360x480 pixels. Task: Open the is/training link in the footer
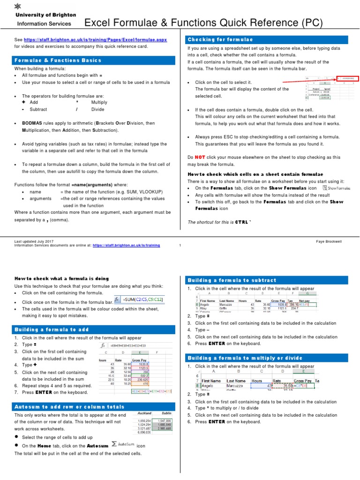(x=126, y=245)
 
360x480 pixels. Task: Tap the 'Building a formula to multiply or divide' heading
(x=245, y=358)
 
